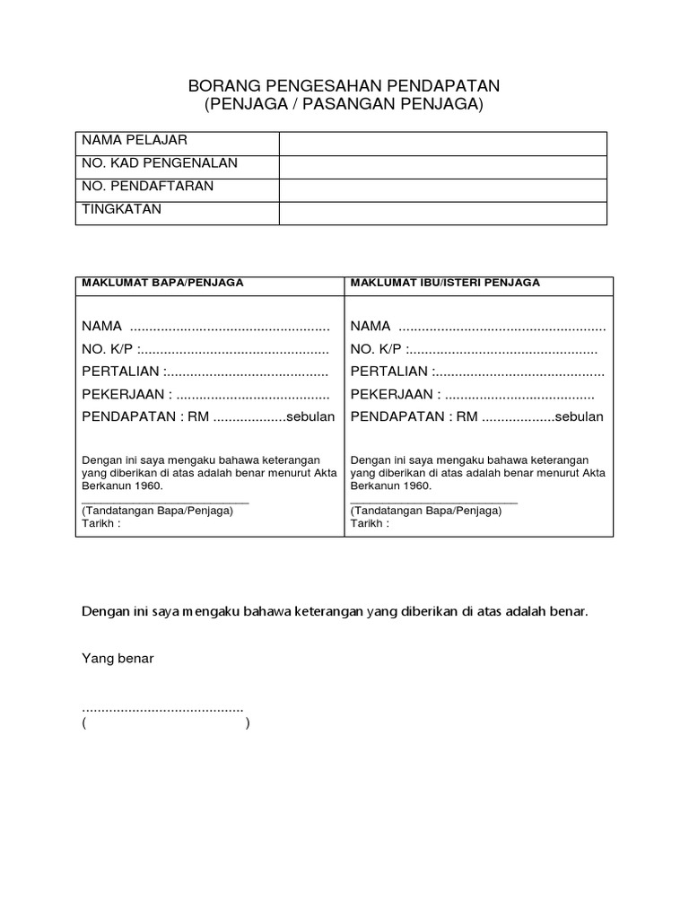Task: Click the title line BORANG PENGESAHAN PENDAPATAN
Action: pyautogui.click(x=344, y=86)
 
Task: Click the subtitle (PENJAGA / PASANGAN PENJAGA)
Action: pyautogui.click(x=344, y=105)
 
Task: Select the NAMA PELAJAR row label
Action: pyautogui.click(x=135, y=141)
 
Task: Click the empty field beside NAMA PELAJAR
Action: pyautogui.click(x=443, y=144)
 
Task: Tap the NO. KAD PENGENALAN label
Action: pyautogui.click(x=160, y=163)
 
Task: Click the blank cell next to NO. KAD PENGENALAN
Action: pyautogui.click(x=443, y=167)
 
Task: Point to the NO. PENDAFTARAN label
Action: pyautogui.click(x=148, y=186)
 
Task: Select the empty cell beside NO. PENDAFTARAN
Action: pyautogui.click(x=443, y=190)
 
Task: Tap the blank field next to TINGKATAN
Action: pyautogui.click(x=443, y=213)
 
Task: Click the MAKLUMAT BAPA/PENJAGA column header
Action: pyautogui.click(x=162, y=282)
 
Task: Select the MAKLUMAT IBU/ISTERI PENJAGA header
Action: pyautogui.click(x=445, y=282)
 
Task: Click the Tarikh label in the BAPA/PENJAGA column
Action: pyautogui.click(x=100, y=523)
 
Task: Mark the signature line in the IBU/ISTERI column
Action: pyautogui.click(x=433, y=503)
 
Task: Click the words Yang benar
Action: pyautogui.click(x=118, y=658)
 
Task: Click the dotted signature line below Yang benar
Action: pyautogui.click(x=162, y=710)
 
